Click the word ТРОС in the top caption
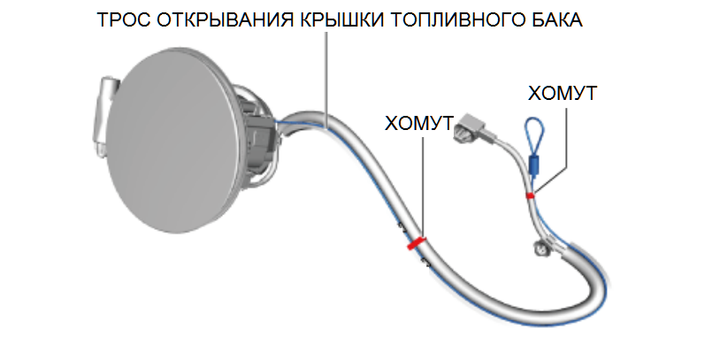click(x=122, y=20)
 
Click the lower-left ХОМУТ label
click(x=419, y=122)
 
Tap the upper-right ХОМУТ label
click(x=562, y=93)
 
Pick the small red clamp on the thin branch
click(x=529, y=194)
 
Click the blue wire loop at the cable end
click(x=535, y=133)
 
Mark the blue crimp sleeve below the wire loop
click(x=533, y=164)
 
